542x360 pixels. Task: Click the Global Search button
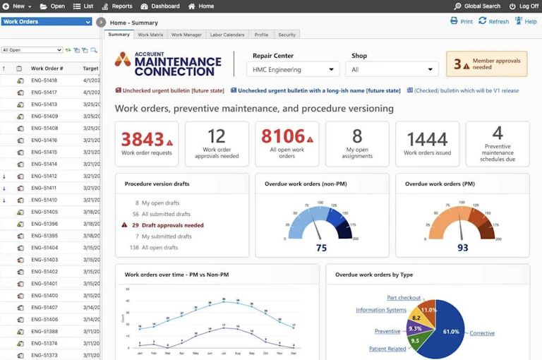pyautogui.click(x=477, y=6)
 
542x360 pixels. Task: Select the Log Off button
pyautogui.click(x=524, y=6)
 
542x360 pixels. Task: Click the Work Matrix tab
pyautogui.click(x=150, y=35)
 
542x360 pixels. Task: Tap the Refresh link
pyautogui.click(x=493, y=21)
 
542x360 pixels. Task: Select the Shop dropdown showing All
pyautogui.click(x=392, y=70)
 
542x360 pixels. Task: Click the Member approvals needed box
pyautogui.click(x=487, y=64)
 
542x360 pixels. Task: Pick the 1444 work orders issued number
pyautogui.click(x=427, y=139)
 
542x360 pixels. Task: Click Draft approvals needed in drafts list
pyautogui.click(x=172, y=225)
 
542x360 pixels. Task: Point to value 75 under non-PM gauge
pyautogui.click(x=321, y=248)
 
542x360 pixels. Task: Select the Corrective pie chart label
pyautogui.click(x=482, y=333)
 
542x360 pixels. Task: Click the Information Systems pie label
pyautogui.click(x=380, y=310)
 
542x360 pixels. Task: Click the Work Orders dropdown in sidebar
pyautogui.click(x=47, y=22)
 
